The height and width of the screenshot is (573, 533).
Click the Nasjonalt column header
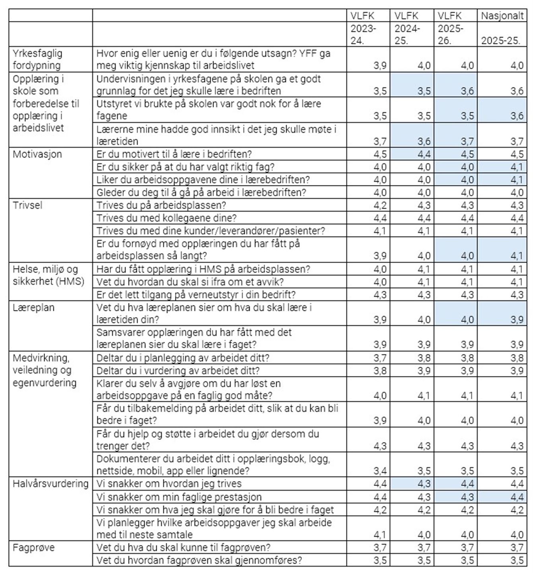coord(502,16)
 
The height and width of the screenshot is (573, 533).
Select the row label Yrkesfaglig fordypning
coord(37,59)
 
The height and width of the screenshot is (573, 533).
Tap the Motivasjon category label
coord(37,154)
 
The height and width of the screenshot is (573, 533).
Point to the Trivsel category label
coord(27,205)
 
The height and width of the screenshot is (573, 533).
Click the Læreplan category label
coord(33,308)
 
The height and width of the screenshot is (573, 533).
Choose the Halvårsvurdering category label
coord(51,483)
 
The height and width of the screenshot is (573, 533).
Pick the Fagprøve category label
coord(33,548)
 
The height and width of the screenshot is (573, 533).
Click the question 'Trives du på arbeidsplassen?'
coord(161,205)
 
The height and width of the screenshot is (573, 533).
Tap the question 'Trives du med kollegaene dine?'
coord(166,218)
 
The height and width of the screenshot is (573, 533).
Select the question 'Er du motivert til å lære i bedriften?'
coord(174,154)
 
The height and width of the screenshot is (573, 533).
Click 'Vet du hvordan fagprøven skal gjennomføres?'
coord(199,560)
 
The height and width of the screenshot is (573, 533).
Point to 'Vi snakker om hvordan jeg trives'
coord(169,483)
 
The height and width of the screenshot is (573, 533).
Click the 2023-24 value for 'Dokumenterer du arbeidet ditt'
coord(380,471)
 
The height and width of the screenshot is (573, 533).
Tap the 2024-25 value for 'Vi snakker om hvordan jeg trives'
coord(424,484)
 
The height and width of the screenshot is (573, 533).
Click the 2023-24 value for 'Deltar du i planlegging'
coord(380,358)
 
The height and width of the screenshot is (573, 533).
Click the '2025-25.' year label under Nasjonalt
coord(501,41)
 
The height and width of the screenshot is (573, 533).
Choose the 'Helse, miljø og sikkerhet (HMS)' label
coord(49,275)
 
